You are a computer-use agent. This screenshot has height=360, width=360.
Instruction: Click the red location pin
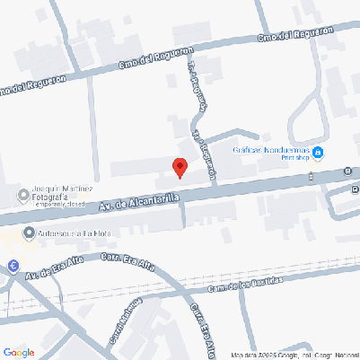pos(180,167)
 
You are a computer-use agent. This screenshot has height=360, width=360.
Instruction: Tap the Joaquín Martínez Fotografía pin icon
pos(23,195)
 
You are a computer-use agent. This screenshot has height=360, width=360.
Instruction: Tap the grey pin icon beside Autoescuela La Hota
pos(30,233)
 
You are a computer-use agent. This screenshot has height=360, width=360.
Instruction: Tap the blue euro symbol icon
pos(13,265)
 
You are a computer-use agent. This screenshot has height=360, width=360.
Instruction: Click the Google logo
pos(18,351)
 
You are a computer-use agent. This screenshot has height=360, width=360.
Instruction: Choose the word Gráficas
pos(247,151)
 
